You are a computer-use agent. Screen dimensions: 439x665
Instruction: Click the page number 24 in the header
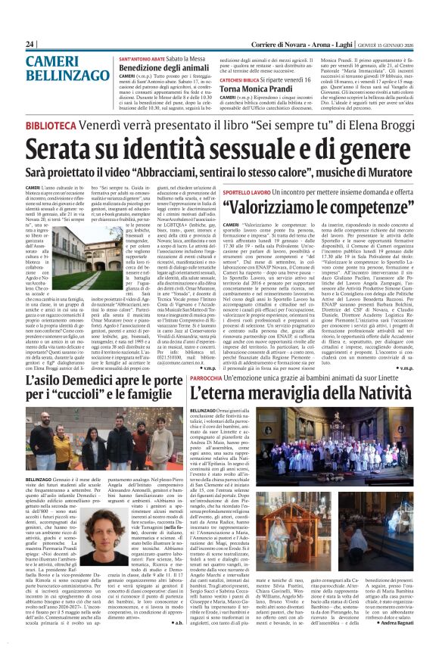pyautogui.click(x=30, y=44)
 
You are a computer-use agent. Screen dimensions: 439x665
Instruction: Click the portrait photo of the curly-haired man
pyautogui.click(x=94, y=521)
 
